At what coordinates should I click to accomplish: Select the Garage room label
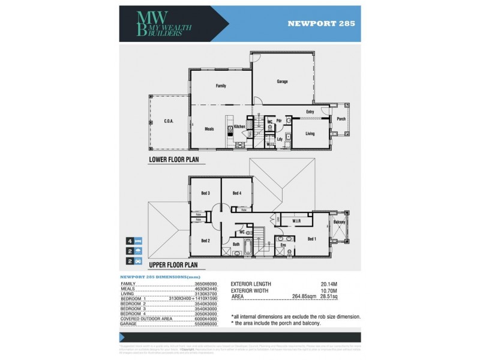pyautogui.click(x=283, y=80)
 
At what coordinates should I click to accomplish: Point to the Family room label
pyautogui.click(x=221, y=86)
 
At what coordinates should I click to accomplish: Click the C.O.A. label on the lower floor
pyautogui.click(x=169, y=121)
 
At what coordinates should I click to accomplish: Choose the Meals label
pyautogui.click(x=209, y=128)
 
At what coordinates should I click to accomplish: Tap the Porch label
pyautogui.click(x=341, y=119)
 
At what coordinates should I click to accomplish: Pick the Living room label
pyautogui.click(x=310, y=133)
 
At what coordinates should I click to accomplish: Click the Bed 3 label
pyautogui.click(x=205, y=193)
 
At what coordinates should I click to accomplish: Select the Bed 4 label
pyautogui.click(x=236, y=193)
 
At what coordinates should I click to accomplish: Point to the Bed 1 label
pyautogui.click(x=311, y=238)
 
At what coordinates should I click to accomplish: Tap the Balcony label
pyautogui.click(x=339, y=223)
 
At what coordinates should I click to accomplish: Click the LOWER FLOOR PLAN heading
pyautogui.click(x=173, y=160)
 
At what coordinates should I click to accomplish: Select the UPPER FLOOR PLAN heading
pyautogui.click(x=173, y=263)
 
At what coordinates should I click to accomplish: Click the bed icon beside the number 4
pyautogui.click(x=137, y=239)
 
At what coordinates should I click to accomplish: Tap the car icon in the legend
pyautogui.click(x=137, y=262)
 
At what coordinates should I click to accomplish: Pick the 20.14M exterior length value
pyautogui.click(x=331, y=283)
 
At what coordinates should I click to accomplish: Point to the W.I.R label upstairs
pyautogui.click(x=297, y=221)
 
